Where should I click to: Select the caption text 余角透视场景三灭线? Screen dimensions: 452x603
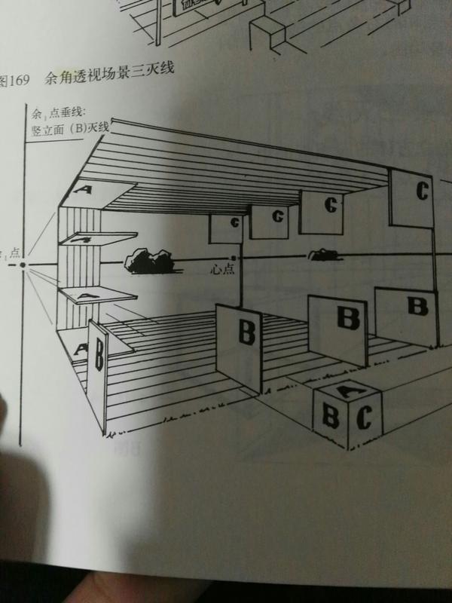coord(110,75)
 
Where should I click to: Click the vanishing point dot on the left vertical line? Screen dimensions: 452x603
coord(23,265)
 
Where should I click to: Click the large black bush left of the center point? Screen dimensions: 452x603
coord(150,260)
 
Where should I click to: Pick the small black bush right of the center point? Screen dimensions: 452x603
coord(323,255)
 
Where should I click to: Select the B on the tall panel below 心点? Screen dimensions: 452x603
coord(243,332)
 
